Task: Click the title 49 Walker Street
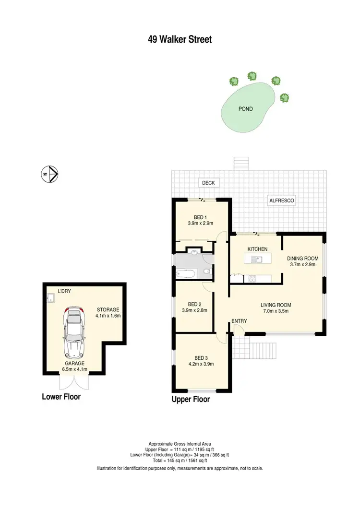click(x=180, y=39)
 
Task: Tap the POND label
click(x=245, y=109)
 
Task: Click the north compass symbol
click(x=49, y=173)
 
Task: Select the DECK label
click(x=208, y=183)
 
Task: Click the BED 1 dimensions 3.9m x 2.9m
click(x=200, y=223)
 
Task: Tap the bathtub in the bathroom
click(x=186, y=274)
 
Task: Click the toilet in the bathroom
click(x=206, y=272)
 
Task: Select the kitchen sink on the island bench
click(x=258, y=260)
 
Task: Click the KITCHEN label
click(x=257, y=249)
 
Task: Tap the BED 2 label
click(x=194, y=304)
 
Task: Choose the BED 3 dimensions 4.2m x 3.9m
click(x=201, y=364)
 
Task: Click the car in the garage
click(x=73, y=331)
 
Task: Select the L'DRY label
click(x=64, y=291)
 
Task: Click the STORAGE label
click(x=108, y=309)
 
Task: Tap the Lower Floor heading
click(x=61, y=397)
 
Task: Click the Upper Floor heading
click(x=191, y=399)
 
